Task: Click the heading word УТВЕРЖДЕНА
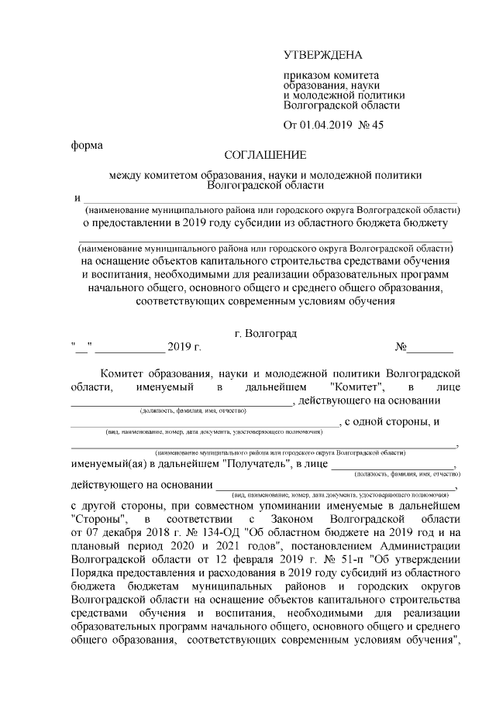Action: click(x=322, y=55)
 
